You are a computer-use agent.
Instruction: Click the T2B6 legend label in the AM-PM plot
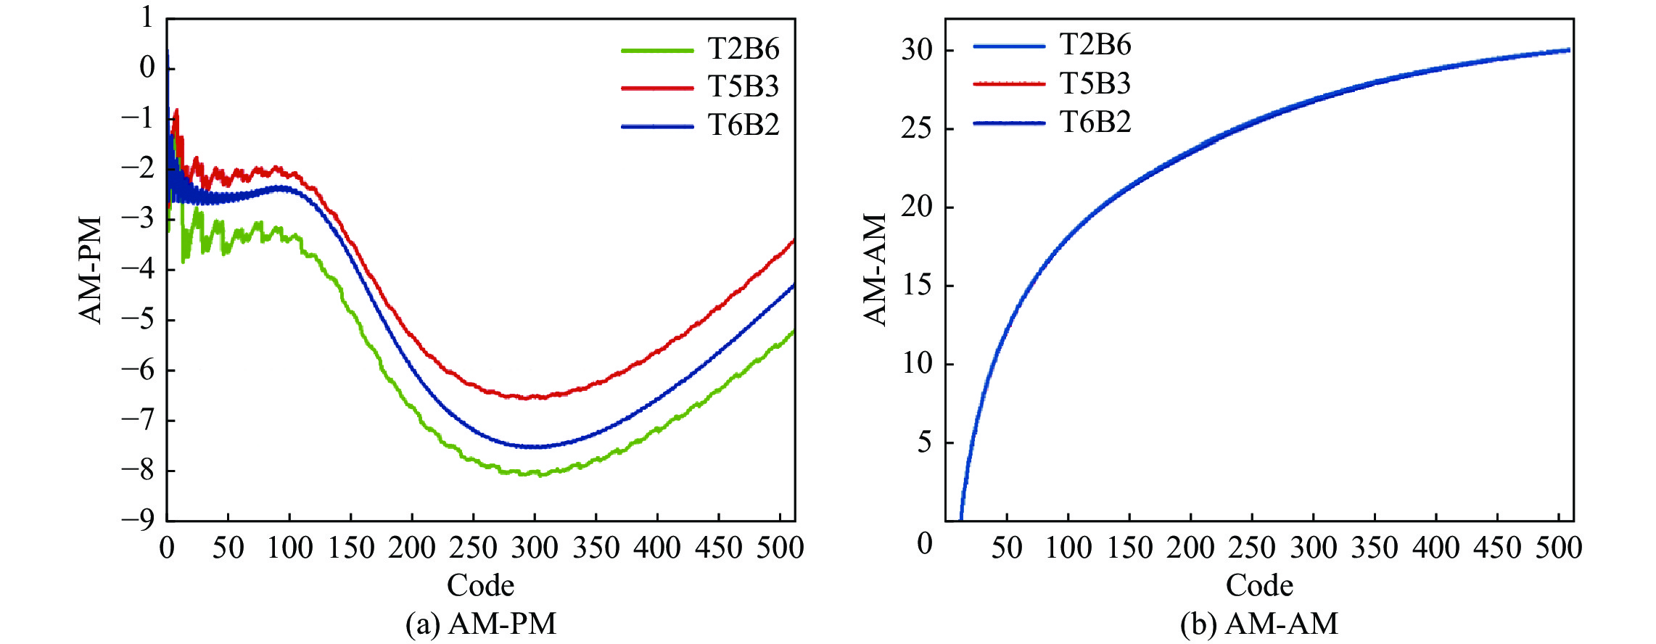coord(743,49)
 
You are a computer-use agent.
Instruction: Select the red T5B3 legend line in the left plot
coord(657,88)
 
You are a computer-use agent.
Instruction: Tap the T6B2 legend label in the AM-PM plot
coord(743,125)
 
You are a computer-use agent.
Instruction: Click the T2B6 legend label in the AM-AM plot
coord(1095,45)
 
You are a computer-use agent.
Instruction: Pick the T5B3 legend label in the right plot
coord(1095,84)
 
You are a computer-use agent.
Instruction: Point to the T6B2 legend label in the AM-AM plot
coord(1095,123)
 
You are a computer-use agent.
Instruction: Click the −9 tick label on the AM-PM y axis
coord(138,520)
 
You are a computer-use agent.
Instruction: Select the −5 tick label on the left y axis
coord(138,319)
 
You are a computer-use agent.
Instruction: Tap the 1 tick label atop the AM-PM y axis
coord(147,17)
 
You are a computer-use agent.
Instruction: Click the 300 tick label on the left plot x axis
coord(535,548)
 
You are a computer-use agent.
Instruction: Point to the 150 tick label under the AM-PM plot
coord(351,548)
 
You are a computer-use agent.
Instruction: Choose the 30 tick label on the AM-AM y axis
coord(917,50)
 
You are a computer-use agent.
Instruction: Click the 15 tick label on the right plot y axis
coord(917,285)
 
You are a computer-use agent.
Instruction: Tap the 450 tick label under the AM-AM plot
coord(1497,548)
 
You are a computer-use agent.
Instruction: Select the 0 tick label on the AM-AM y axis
coord(925,543)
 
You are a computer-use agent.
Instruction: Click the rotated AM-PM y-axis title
coord(91,269)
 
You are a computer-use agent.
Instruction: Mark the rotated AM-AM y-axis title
coord(876,269)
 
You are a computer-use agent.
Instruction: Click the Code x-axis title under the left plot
coord(480,585)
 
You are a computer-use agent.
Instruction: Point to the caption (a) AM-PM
coord(481,624)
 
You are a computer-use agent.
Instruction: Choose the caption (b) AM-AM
coord(1259,624)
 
